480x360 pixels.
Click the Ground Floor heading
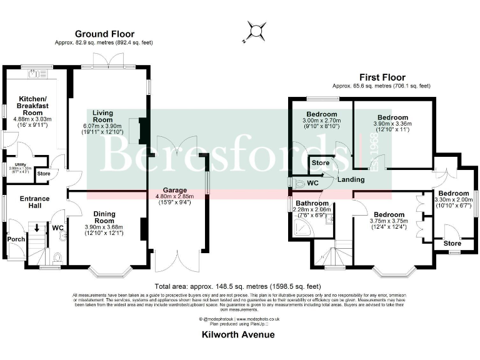click(x=104, y=34)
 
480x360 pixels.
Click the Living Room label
click(x=102, y=116)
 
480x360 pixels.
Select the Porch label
click(x=15, y=239)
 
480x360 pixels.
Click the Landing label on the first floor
click(x=351, y=180)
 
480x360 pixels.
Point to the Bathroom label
click(x=312, y=203)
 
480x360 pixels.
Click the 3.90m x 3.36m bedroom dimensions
click(x=392, y=127)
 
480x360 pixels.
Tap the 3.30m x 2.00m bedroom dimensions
click(x=454, y=200)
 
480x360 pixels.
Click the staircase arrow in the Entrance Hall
click(x=37, y=229)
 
